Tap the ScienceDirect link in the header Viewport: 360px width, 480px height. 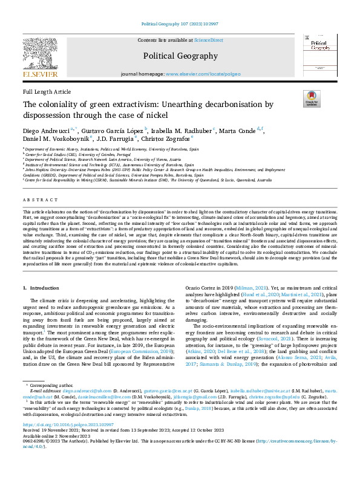tap(209, 40)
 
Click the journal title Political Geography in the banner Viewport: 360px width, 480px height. tap(180, 56)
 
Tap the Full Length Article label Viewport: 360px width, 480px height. tap(47, 91)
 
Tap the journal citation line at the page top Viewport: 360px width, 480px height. tap(180, 24)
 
